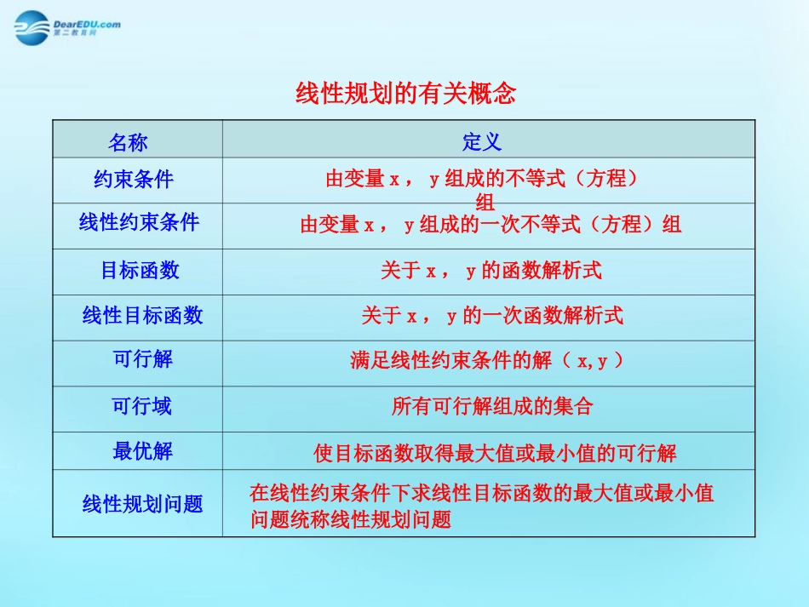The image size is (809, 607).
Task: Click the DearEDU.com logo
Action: [x=66, y=26]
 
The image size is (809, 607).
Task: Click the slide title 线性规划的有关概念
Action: [x=405, y=92]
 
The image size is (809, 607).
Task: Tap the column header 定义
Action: [x=482, y=141]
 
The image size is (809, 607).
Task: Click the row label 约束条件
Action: [x=134, y=179]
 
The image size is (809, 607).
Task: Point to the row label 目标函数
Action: [x=141, y=270]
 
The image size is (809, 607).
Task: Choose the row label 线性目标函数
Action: [x=143, y=316]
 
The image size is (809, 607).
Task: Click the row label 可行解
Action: [x=143, y=359]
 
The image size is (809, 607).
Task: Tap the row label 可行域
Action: [x=142, y=406]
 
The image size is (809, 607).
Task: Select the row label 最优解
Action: [x=142, y=450]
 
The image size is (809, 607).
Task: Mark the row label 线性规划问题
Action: [x=143, y=504]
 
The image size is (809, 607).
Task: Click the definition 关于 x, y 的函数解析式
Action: [x=491, y=271]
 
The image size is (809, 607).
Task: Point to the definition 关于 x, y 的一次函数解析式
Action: [x=492, y=316]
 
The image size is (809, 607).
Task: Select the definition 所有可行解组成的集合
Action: [x=492, y=406]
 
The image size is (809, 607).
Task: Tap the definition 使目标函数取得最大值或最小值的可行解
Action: [x=495, y=454]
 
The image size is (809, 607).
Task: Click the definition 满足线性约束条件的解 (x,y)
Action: [x=486, y=361]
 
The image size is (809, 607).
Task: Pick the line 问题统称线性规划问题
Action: [x=350, y=518]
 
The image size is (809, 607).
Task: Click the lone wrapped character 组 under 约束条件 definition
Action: [x=485, y=203]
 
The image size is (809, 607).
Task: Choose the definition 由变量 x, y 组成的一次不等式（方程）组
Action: [x=491, y=225]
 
